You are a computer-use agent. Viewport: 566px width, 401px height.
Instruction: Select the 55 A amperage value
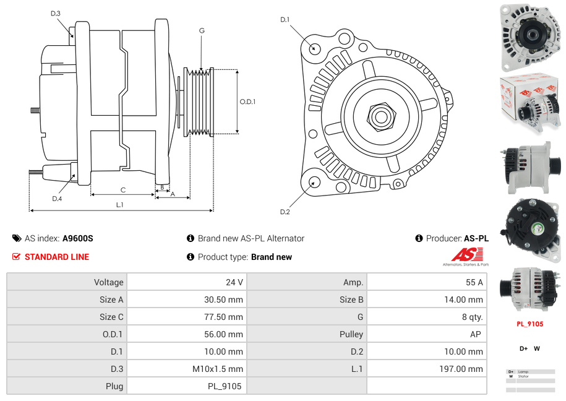(x=474, y=282)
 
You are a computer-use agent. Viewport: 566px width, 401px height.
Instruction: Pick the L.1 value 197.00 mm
(x=462, y=369)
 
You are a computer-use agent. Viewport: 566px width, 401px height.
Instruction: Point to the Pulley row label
(x=351, y=334)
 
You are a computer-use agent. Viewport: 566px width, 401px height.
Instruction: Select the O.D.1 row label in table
(x=112, y=334)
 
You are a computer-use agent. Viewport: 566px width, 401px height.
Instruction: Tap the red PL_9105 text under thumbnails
(x=530, y=324)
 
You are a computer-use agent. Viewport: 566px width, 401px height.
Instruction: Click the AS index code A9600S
(x=77, y=238)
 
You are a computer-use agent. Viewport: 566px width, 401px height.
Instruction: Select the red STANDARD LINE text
(x=56, y=257)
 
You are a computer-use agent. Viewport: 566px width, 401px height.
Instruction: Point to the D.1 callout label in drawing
(x=285, y=20)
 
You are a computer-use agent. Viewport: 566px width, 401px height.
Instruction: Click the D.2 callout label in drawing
(x=285, y=212)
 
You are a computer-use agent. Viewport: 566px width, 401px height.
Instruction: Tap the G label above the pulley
(x=202, y=30)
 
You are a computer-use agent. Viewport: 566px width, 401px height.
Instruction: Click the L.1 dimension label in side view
(x=119, y=204)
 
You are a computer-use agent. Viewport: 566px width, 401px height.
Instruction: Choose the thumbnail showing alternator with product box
(x=530, y=104)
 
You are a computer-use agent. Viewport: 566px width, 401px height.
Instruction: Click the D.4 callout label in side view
(x=57, y=198)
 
